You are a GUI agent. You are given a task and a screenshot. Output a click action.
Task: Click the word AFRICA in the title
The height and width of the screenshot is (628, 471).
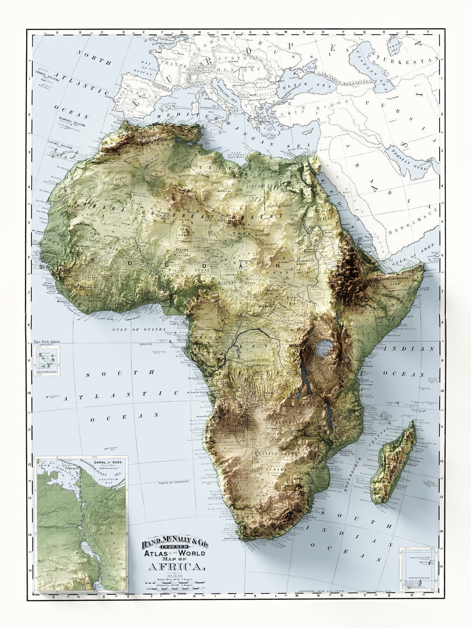click(x=176, y=567)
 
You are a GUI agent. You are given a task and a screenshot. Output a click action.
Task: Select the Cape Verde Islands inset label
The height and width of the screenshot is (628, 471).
click(x=48, y=342)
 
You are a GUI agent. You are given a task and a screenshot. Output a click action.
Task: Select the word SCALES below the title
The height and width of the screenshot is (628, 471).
click(x=174, y=576)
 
